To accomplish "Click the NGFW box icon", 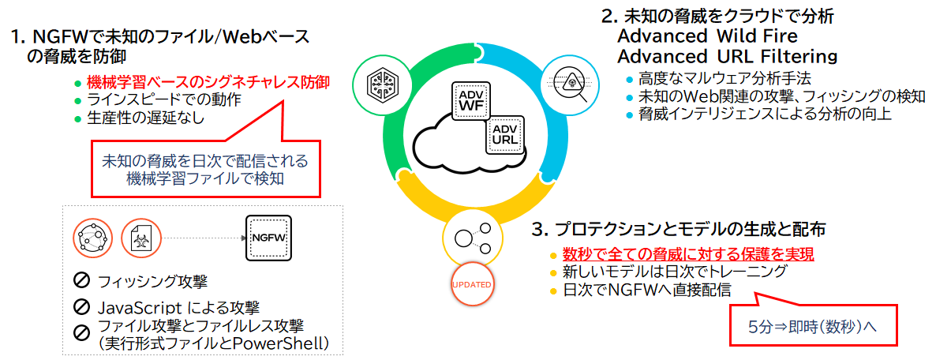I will [268, 237].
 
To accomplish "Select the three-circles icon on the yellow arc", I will [472, 238].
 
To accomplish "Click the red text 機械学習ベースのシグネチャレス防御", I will [208, 82].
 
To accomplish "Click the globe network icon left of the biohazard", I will [92, 237].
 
